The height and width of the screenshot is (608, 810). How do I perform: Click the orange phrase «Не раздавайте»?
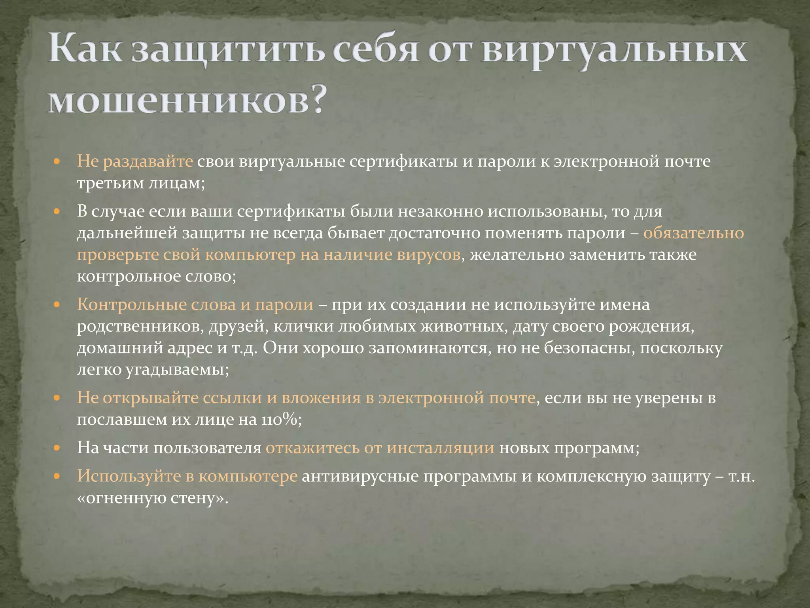(x=135, y=161)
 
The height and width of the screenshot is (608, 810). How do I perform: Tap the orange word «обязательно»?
(x=693, y=233)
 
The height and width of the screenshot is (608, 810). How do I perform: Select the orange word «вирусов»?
(x=429, y=255)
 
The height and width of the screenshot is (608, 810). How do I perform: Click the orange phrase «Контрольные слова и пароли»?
(x=195, y=304)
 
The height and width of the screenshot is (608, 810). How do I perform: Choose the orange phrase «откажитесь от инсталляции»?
(x=380, y=448)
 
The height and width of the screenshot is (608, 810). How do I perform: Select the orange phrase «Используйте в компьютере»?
(x=187, y=476)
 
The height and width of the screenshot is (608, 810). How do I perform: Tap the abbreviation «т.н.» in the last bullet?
(x=742, y=476)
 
